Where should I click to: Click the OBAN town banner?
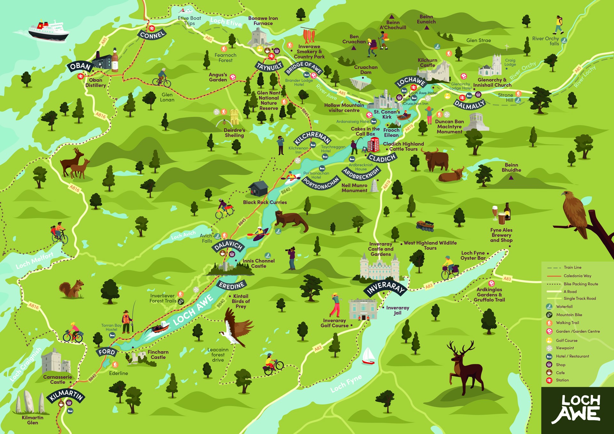(80, 67)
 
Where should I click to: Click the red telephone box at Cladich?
(373, 145)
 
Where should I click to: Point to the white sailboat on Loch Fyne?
(368, 356)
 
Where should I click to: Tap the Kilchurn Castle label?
(427, 63)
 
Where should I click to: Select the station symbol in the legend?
(549, 380)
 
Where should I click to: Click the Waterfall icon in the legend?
(549, 306)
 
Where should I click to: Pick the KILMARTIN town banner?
(66, 395)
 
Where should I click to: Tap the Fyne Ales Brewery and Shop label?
(501, 235)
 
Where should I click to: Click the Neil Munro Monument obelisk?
(374, 186)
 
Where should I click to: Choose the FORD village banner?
(106, 352)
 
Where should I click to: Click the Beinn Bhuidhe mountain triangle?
(511, 177)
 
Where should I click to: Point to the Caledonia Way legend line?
(554, 276)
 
